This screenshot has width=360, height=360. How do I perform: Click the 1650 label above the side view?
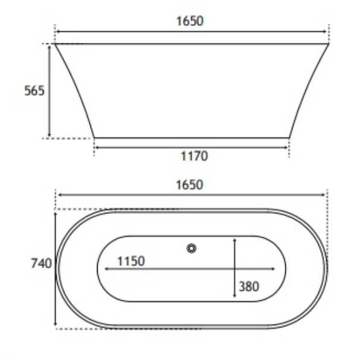click(x=190, y=21)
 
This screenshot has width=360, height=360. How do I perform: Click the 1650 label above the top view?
click(x=189, y=185)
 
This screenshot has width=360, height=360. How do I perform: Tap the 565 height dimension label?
click(x=34, y=90)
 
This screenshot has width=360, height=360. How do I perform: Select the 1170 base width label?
click(x=194, y=156)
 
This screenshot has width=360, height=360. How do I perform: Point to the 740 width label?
click(x=42, y=263)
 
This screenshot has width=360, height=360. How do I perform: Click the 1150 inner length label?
click(x=131, y=261)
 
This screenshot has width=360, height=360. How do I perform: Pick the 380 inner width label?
click(x=249, y=286)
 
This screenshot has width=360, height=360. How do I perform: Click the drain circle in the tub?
click(x=192, y=248)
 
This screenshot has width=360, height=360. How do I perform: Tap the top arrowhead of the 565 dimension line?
click(x=49, y=48)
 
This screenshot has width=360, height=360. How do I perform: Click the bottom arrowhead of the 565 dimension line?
click(x=49, y=134)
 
